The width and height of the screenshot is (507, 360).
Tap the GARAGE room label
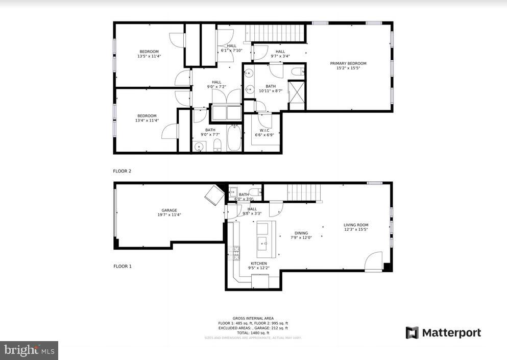tap(169, 210)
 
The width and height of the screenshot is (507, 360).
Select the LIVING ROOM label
tap(356, 225)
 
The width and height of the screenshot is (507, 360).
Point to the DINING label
tap(301, 233)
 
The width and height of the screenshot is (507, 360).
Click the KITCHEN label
tap(258, 263)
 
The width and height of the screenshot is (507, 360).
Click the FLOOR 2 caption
tap(122, 171)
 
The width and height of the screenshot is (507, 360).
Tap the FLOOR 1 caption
tap(122, 266)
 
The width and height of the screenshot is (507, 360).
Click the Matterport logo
tap(443, 333)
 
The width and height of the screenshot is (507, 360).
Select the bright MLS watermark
tap(29, 350)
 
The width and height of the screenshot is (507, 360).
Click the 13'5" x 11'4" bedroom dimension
tap(149, 56)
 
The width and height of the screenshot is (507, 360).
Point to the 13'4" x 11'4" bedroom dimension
tap(147, 121)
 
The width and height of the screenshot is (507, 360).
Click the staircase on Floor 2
tap(276, 34)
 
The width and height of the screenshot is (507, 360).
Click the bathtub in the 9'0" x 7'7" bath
tap(234, 138)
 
